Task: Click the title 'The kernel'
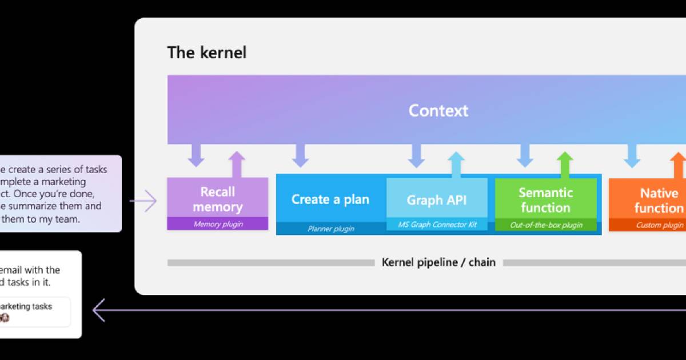click(206, 53)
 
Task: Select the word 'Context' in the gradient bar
click(438, 110)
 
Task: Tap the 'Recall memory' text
click(217, 199)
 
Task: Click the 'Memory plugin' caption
click(217, 224)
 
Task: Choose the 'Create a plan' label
click(330, 199)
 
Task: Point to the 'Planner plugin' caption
click(330, 229)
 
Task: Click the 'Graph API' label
click(437, 200)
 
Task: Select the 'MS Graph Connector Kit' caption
click(437, 225)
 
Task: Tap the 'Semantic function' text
click(545, 200)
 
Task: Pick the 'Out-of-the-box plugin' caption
click(545, 225)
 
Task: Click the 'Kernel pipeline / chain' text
click(438, 262)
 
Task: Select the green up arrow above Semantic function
click(565, 165)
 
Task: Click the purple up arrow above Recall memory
click(237, 164)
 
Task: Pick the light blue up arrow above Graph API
click(456, 165)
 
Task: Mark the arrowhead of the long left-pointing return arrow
click(98, 310)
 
